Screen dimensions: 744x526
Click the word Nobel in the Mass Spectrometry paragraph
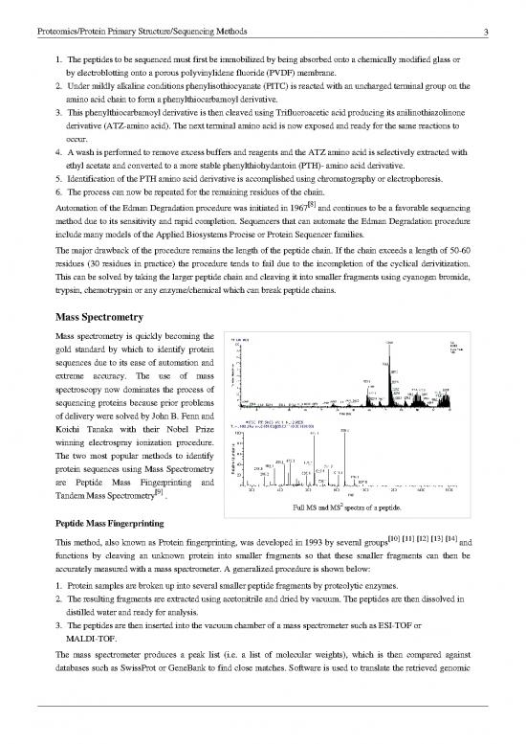point(173,417)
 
